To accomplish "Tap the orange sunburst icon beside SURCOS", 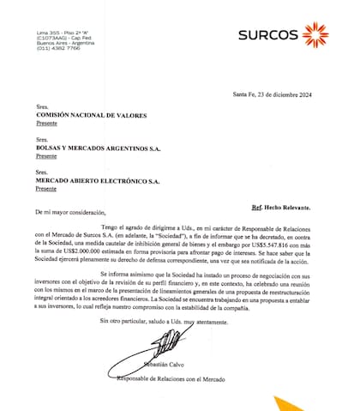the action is [316, 35].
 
